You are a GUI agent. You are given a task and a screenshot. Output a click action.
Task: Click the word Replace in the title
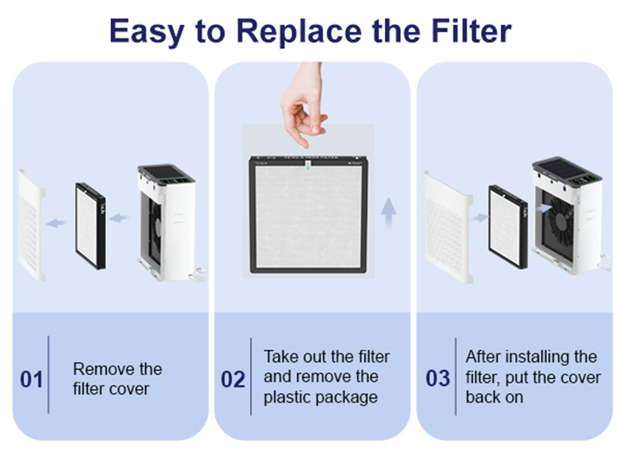299,31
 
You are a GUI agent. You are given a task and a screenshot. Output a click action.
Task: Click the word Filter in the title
471,30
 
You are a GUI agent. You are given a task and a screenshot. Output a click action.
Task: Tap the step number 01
31,379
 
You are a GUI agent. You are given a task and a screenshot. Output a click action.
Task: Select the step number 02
233,379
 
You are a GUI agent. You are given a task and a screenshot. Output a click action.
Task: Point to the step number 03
438,378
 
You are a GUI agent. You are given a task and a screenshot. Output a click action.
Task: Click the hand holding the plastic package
303,103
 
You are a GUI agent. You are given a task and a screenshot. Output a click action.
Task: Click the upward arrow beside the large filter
388,214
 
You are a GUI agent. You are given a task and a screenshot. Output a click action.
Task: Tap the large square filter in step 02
309,214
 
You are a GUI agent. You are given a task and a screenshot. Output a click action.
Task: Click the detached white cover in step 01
31,226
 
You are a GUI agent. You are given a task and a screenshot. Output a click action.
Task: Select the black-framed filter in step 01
90,226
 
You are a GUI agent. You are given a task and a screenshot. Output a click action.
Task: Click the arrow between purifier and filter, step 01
118,218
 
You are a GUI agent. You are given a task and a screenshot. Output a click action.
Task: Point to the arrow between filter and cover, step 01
56,223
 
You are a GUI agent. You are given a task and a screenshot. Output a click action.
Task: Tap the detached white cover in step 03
448,228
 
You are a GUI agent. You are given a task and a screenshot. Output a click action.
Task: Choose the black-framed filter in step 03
508,227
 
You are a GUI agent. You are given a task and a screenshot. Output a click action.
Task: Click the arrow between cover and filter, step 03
479,218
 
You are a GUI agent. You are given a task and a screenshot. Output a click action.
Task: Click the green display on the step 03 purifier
584,180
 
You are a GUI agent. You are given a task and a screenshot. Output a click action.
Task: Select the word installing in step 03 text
535,357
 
